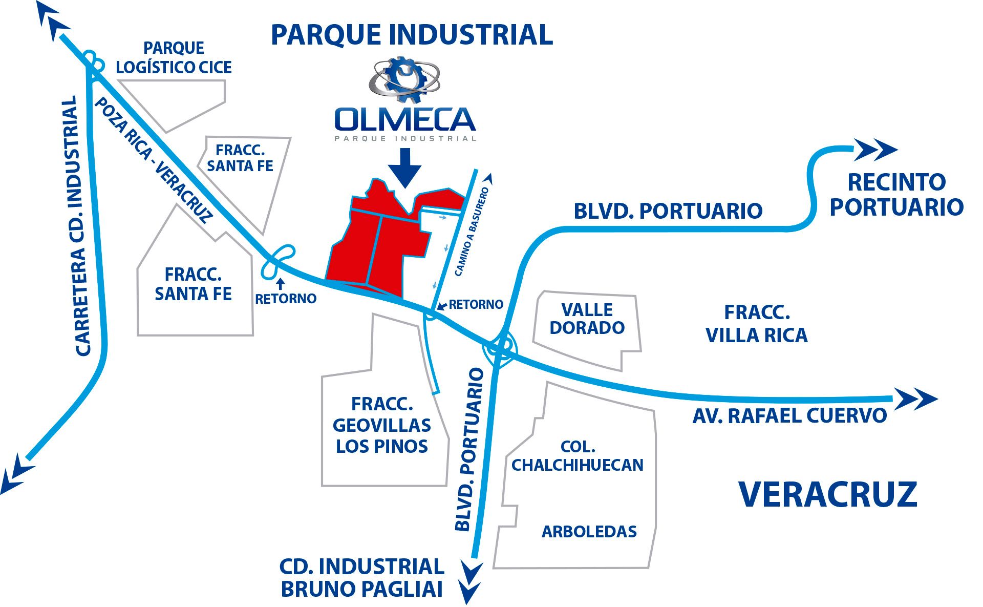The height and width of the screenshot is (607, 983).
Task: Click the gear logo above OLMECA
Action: point(404,80)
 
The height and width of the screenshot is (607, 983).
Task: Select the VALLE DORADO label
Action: point(587,319)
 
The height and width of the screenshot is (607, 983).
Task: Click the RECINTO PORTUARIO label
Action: point(896,195)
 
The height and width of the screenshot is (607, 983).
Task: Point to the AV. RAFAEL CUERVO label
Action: point(789,415)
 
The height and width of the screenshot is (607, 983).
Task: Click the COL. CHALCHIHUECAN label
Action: point(578,455)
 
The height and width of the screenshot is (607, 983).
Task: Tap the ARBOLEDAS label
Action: point(589,532)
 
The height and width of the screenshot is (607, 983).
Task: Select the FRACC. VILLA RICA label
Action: point(757,324)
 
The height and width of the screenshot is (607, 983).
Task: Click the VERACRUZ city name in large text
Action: point(828,494)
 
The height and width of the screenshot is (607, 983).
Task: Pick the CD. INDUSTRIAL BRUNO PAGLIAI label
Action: point(362,578)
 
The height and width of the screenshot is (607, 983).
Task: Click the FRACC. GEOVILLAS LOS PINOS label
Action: point(382,425)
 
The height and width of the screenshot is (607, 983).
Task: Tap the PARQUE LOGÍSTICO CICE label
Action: point(174,57)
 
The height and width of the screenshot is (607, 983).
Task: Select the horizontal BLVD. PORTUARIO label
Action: point(668,211)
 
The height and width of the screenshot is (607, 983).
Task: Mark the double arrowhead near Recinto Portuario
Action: point(875,150)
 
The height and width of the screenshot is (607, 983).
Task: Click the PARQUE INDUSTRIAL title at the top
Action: point(412,34)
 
